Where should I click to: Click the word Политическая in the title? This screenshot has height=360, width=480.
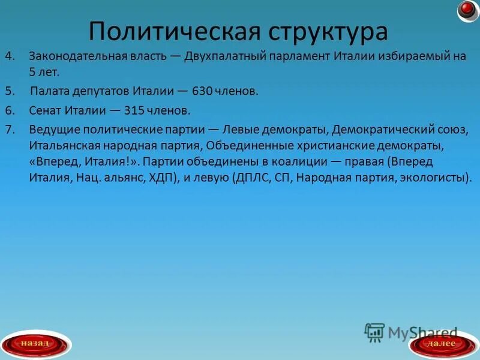pos(168,31)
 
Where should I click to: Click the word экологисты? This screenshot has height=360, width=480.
pos(436,178)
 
